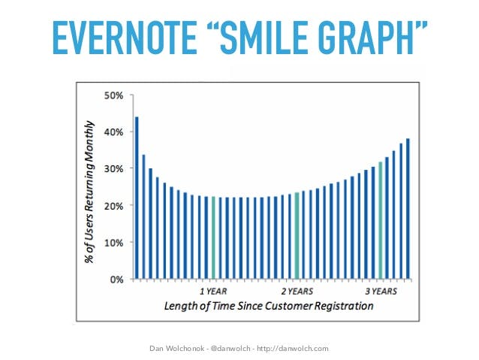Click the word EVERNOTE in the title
point(123,38)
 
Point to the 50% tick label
point(113,95)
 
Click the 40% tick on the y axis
point(113,132)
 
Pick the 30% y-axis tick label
point(113,169)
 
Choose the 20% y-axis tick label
point(113,206)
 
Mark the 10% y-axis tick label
point(113,243)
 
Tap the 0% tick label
point(116,280)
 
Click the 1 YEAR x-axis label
point(213,290)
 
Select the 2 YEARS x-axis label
point(297,290)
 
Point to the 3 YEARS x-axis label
point(381,290)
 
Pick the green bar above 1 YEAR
point(213,237)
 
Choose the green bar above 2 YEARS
point(297,235)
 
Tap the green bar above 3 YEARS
point(381,220)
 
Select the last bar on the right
point(408,208)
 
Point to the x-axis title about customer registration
point(268,306)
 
